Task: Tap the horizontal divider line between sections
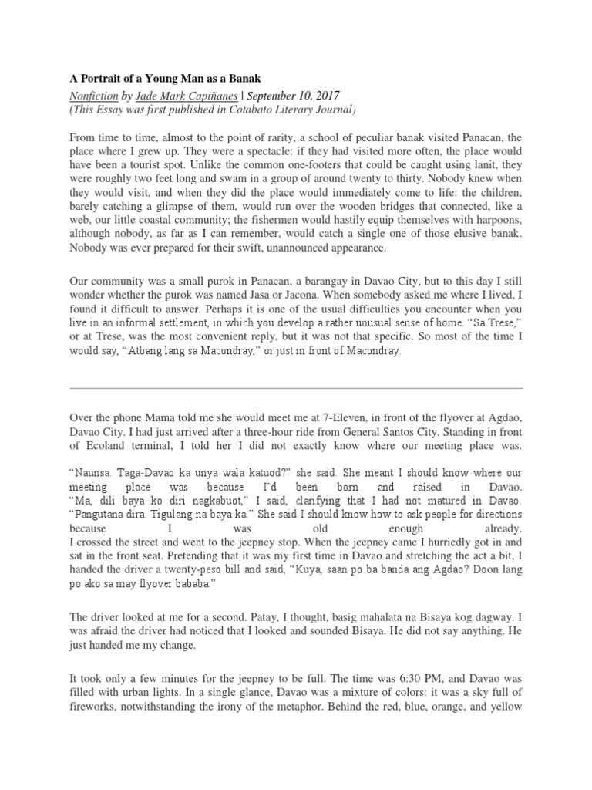click(296, 388)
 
